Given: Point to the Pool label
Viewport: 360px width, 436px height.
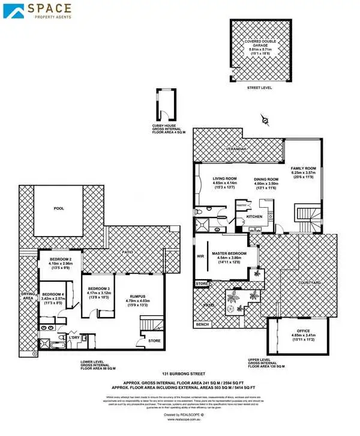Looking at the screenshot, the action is tap(58, 208).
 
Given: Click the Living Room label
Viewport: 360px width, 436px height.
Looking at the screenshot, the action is tap(225, 178).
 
